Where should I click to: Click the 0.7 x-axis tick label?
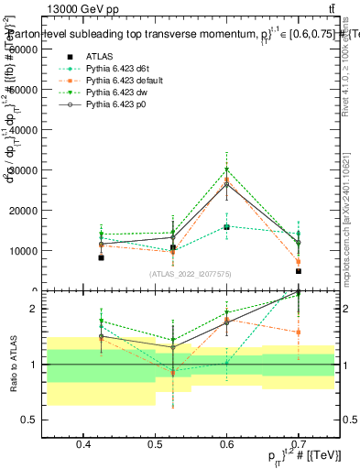coord(299,444)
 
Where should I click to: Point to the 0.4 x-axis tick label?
coord(83,444)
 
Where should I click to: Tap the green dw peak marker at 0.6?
coord(227,169)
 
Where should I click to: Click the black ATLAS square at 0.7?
coord(299,271)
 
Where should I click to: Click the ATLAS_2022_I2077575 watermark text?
coord(191,274)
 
